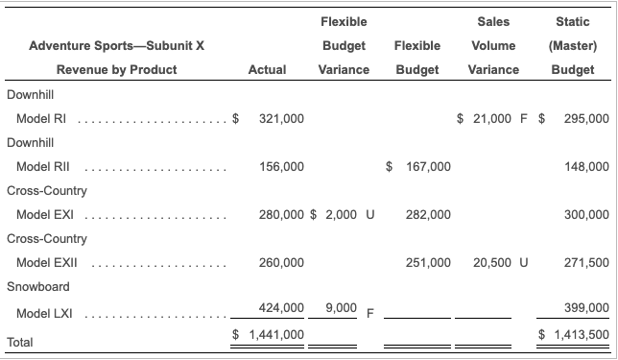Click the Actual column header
click(x=267, y=69)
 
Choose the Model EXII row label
click(x=46, y=262)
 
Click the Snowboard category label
click(x=35, y=286)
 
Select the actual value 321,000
click(x=281, y=118)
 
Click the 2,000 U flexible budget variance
click(x=348, y=214)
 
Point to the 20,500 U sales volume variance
click(x=503, y=262)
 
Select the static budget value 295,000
click(x=585, y=118)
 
